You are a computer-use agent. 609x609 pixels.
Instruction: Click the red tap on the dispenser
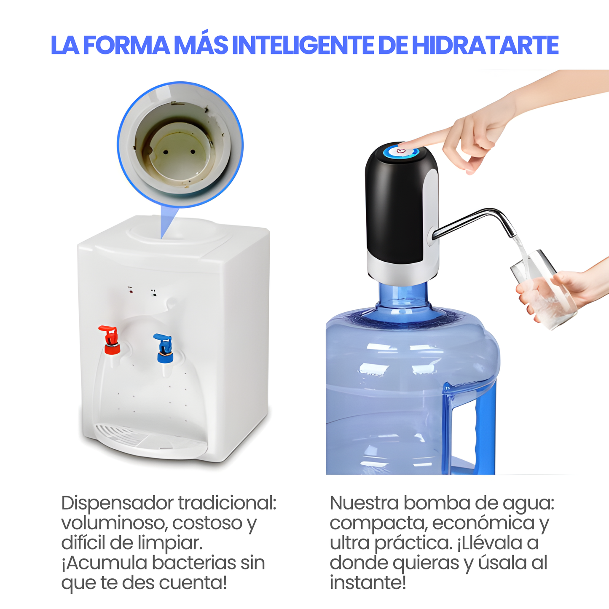tap(110, 340)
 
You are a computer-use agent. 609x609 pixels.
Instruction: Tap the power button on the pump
tap(400, 150)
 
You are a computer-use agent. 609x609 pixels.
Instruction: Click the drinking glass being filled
tap(544, 291)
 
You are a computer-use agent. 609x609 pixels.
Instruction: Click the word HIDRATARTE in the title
tap(485, 46)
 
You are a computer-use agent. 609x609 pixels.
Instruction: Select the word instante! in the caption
tap(368, 583)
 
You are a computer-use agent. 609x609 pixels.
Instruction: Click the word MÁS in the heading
tap(201, 46)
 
